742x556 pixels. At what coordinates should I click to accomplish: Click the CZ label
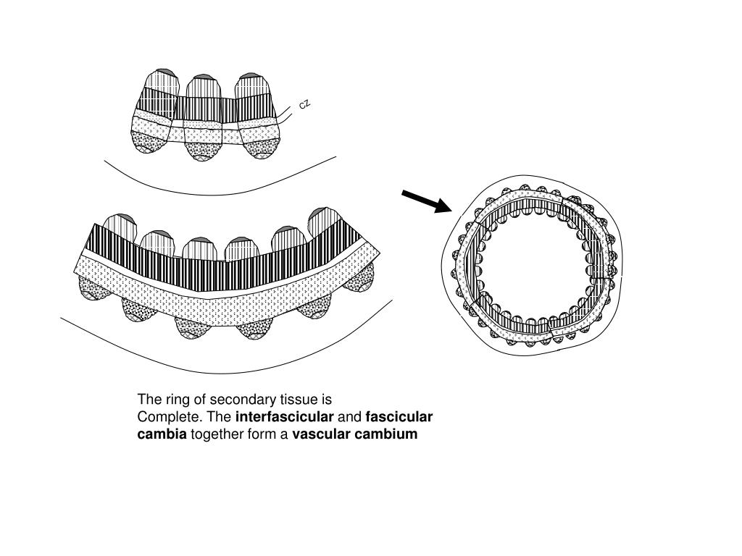point(305,104)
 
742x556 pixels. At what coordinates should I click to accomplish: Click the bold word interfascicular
point(285,417)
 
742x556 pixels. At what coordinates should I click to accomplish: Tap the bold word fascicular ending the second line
point(399,417)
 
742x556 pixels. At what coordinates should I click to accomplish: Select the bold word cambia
point(162,434)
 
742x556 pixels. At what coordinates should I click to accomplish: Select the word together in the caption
point(217,434)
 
